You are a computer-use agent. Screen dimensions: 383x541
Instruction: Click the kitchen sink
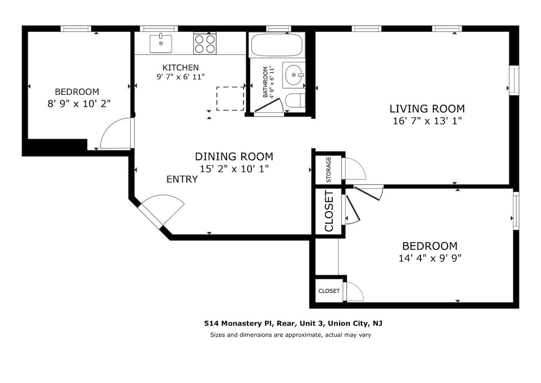pos(161,44)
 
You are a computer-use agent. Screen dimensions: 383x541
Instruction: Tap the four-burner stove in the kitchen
pos(205,44)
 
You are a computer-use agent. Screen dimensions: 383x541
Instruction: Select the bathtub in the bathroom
pos(276,46)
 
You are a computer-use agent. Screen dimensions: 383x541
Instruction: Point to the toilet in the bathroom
pos(294,101)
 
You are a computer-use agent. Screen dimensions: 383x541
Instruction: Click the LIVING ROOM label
pos(427,109)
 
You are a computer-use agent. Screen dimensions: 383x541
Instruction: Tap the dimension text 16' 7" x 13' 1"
pos(427,121)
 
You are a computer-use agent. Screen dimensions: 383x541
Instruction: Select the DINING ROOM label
pos(234,156)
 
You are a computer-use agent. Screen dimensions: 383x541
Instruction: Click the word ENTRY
pos(182,179)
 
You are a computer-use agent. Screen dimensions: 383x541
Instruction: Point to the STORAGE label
pos(328,169)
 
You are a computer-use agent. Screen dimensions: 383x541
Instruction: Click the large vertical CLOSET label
pos(329,211)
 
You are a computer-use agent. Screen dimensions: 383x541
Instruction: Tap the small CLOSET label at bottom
pos(329,291)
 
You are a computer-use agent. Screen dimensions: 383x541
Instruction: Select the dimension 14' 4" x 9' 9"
pos(429,258)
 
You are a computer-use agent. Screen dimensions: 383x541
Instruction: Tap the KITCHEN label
pos(180,68)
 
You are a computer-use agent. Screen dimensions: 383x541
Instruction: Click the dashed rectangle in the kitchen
pos(230,98)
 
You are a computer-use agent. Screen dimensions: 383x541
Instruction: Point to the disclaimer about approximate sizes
pos(290,335)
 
